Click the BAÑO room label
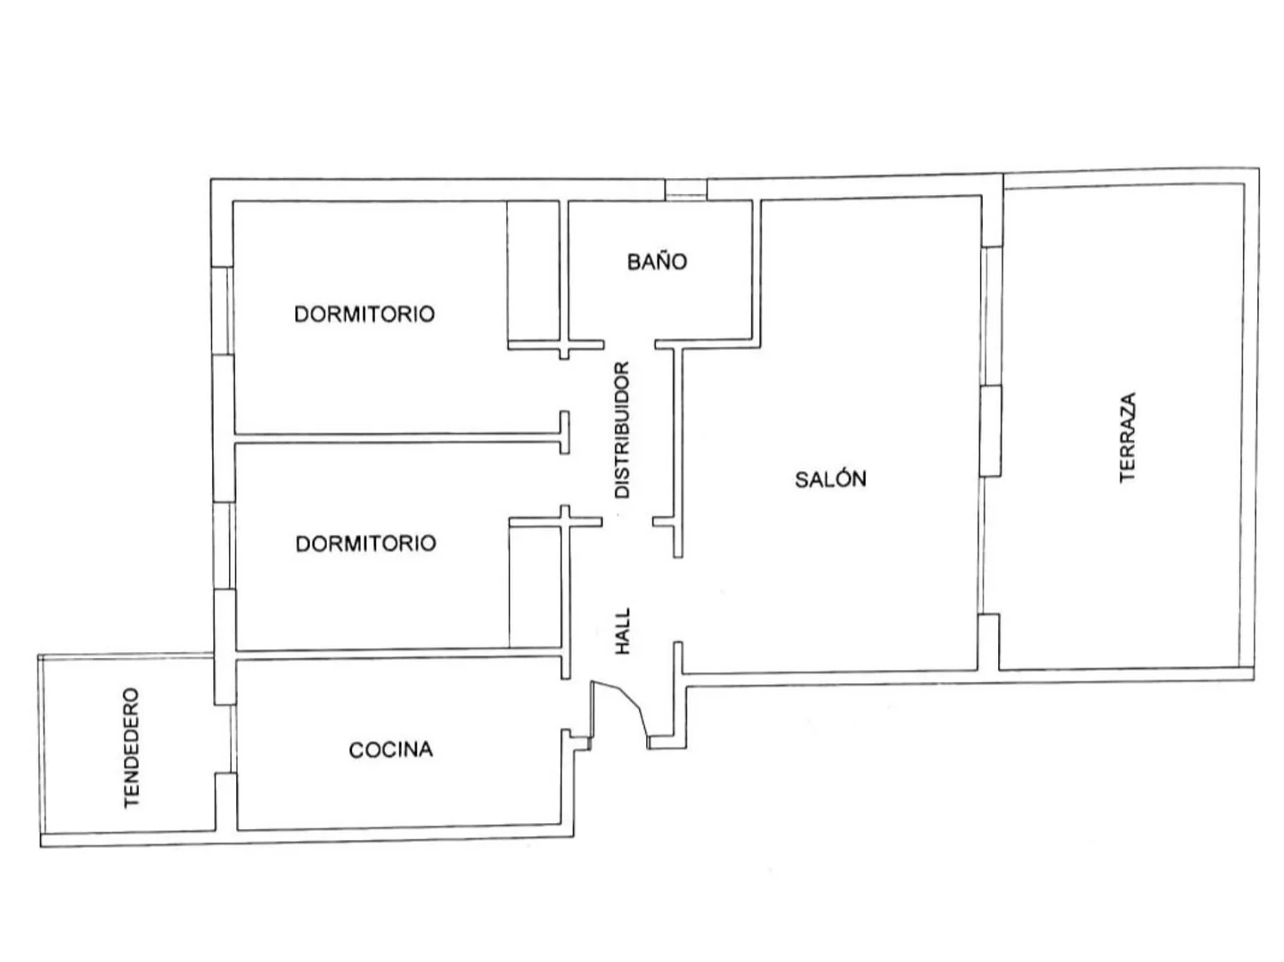[657, 261]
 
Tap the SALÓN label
[830, 479]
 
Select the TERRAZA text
[1126, 437]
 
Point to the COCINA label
[390, 750]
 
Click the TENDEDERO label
[132, 748]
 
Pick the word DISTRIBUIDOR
[622, 430]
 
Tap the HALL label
[623, 632]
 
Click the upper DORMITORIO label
[364, 314]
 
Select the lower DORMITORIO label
[365, 543]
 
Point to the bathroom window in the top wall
[685, 190]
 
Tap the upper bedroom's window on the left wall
[223, 311]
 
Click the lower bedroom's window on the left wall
[224, 546]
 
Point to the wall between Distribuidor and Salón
[678, 452]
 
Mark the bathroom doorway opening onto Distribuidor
[629, 345]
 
